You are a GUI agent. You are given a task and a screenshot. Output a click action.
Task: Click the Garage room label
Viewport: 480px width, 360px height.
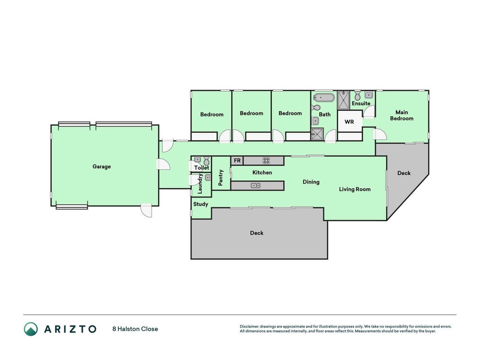(x=102, y=166)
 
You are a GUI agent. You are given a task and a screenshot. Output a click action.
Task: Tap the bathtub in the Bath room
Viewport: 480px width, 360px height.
(x=323, y=98)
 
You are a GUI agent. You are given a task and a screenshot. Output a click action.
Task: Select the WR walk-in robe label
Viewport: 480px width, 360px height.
(x=349, y=122)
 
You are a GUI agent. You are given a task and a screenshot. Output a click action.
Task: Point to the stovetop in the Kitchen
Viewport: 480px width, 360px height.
(x=266, y=160)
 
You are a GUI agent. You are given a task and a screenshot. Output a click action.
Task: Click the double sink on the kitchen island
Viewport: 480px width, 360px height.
(x=256, y=185)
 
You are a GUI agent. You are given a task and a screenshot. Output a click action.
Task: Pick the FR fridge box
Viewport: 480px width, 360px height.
(x=237, y=161)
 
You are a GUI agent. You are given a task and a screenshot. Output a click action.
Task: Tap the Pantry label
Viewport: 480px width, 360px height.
(x=221, y=178)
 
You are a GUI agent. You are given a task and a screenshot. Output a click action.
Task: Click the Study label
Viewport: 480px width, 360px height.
(x=201, y=204)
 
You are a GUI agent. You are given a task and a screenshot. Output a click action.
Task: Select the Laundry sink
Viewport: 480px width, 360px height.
(x=208, y=178)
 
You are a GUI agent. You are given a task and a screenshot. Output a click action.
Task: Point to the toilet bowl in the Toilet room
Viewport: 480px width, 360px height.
(x=206, y=161)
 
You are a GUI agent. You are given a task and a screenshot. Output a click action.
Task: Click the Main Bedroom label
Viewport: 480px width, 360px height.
(x=402, y=115)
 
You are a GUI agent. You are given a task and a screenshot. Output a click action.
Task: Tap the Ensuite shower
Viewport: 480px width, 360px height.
(x=344, y=100)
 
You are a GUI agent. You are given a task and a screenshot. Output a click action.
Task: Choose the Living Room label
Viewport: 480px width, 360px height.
(x=355, y=189)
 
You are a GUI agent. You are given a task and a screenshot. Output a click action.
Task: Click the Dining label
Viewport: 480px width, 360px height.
(x=311, y=182)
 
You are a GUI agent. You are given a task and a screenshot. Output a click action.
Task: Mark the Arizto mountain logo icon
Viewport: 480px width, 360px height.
(x=31, y=329)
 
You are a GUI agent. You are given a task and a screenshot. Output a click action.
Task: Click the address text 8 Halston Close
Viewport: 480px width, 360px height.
(x=135, y=329)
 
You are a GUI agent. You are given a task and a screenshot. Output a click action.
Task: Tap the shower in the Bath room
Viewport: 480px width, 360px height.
(x=317, y=134)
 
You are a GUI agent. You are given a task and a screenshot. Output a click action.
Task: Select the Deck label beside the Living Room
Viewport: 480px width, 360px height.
(x=404, y=173)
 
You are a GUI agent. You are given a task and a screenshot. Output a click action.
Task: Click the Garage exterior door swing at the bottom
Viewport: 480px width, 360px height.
(x=146, y=210)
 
